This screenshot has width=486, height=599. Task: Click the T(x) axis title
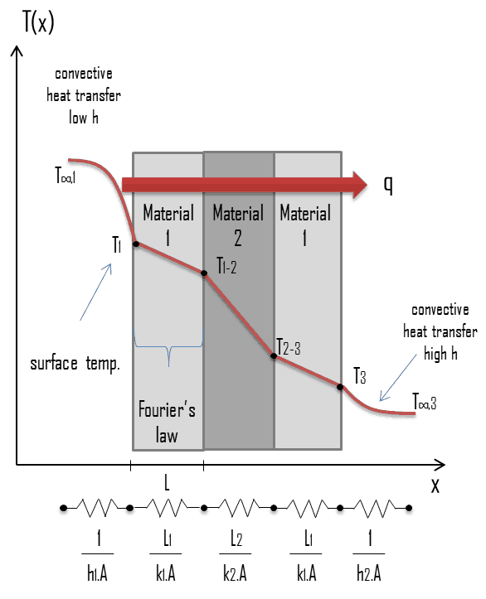click(x=38, y=22)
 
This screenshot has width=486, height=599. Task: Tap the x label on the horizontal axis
click(x=435, y=485)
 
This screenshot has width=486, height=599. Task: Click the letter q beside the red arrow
click(x=388, y=186)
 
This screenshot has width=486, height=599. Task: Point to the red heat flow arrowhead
click(x=360, y=185)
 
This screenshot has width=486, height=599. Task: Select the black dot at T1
click(x=136, y=244)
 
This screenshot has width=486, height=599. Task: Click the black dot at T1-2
click(x=204, y=273)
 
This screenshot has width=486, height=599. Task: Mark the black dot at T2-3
click(x=274, y=356)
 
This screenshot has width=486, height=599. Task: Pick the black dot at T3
click(x=340, y=387)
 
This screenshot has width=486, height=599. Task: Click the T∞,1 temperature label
click(x=66, y=176)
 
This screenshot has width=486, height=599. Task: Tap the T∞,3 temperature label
click(x=425, y=402)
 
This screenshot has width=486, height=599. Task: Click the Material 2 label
click(x=238, y=225)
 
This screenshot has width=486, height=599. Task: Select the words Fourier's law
click(x=167, y=423)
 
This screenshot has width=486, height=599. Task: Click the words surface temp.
click(x=75, y=364)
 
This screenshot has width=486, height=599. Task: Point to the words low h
click(x=84, y=118)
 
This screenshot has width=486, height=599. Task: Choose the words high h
click(x=440, y=354)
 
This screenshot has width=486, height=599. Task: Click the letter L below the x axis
click(x=167, y=483)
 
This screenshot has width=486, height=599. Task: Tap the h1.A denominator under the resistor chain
click(x=98, y=574)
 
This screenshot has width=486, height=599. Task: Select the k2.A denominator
click(x=236, y=574)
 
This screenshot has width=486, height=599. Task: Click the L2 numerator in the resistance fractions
click(x=236, y=539)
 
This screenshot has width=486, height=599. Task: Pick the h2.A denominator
click(x=369, y=574)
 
